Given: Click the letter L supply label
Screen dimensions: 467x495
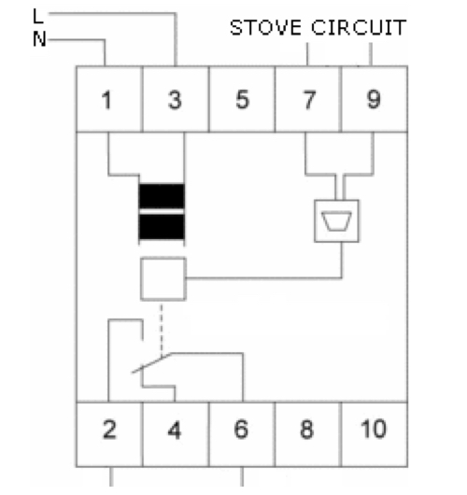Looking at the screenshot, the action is tap(38, 16).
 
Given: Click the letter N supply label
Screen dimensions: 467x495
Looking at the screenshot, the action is tap(39, 39).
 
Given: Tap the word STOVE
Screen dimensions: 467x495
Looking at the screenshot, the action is tap(265, 27).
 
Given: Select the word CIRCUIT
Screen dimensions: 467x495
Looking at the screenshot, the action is tap(359, 27).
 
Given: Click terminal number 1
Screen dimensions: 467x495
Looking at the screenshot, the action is tap(106, 100).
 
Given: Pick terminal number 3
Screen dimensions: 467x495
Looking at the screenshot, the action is tap(175, 100).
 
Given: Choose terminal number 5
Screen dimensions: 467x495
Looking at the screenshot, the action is tap(243, 100).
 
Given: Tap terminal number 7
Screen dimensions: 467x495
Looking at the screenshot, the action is tap(309, 100).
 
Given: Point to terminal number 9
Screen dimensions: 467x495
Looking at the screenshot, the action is tap(374, 100).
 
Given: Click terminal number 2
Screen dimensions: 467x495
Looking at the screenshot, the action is tap(109, 430).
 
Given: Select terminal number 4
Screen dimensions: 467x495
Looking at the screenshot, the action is tap(175, 430).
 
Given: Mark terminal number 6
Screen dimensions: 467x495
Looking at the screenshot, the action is tap(241, 429).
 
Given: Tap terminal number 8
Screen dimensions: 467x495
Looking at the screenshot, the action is tap(307, 430).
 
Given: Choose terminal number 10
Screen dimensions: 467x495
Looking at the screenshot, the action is tap(374, 429).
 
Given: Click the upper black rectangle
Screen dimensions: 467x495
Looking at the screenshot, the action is tap(162, 196).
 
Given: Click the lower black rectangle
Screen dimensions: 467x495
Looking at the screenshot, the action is tap(162, 227).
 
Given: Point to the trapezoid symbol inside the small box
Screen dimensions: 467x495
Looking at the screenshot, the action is tap(336, 221).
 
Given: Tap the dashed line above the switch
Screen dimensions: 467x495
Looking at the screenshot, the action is tap(162, 330).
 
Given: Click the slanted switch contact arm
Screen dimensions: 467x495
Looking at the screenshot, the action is tap(151, 363).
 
